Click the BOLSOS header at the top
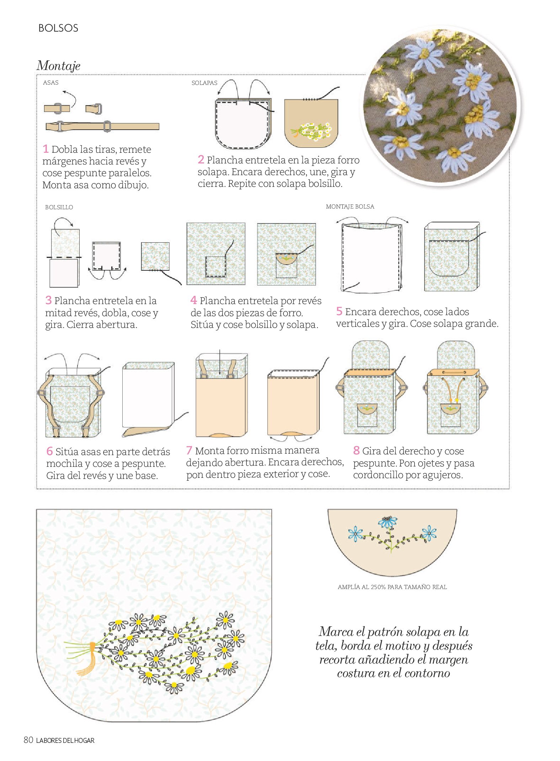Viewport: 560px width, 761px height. [x=58, y=28]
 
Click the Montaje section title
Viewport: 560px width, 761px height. [x=58, y=66]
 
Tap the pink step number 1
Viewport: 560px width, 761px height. [x=46, y=149]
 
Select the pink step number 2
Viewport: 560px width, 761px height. [x=201, y=160]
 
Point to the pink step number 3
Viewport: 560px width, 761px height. [x=48, y=300]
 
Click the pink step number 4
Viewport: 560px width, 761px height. [x=194, y=300]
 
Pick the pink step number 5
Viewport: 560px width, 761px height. [x=339, y=311]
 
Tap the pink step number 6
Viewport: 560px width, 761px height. [x=49, y=451]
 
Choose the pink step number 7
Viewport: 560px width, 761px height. [x=189, y=450]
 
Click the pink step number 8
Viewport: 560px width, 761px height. [x=356, y=450]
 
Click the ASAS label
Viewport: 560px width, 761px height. [x=50, y=83]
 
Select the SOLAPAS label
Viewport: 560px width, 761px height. [x=204, y=83]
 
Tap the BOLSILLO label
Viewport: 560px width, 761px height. [x=59, y=207]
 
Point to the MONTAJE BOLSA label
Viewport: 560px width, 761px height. [x=350, y=207]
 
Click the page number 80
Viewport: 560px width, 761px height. [x=28, y=740]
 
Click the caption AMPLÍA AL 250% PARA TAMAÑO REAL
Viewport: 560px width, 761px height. [x=392, y=587]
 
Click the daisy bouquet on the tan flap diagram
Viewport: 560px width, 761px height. [x=311, y=131]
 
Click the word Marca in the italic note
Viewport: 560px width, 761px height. [x=336, y=632]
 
